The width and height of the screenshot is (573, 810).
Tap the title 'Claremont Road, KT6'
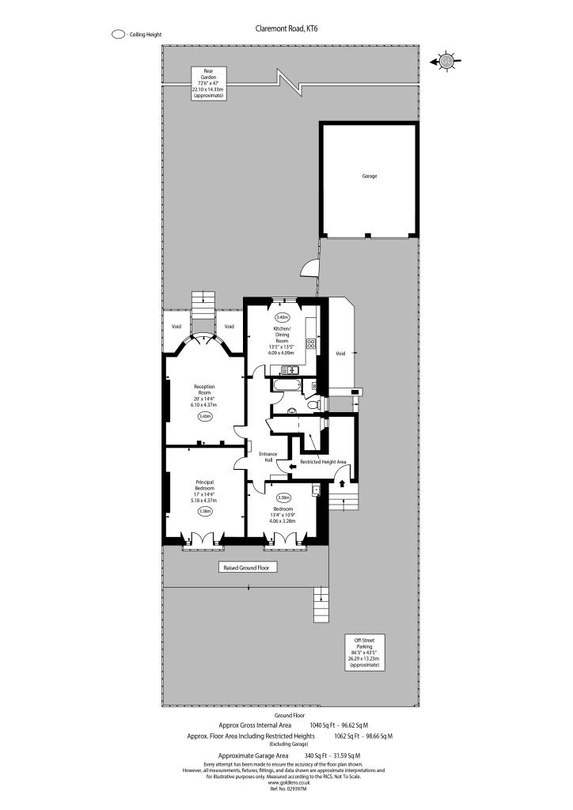click(x=286, y=28)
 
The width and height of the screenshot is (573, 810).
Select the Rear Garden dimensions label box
click(x=207, y=82)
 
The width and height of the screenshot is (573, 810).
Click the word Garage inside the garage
click(x=369, y=176)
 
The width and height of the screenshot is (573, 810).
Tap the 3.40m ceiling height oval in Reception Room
click(x=205, y=416)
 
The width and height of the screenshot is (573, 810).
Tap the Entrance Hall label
click(x=267, y=456)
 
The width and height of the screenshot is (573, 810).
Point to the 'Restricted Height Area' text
click(x=323, y=461)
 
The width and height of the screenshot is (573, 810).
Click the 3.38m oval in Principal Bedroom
click(x=205, y=512)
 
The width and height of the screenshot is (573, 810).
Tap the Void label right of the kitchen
click(x=340, y=354)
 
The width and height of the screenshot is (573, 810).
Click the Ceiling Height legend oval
click(x=119, y=35)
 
